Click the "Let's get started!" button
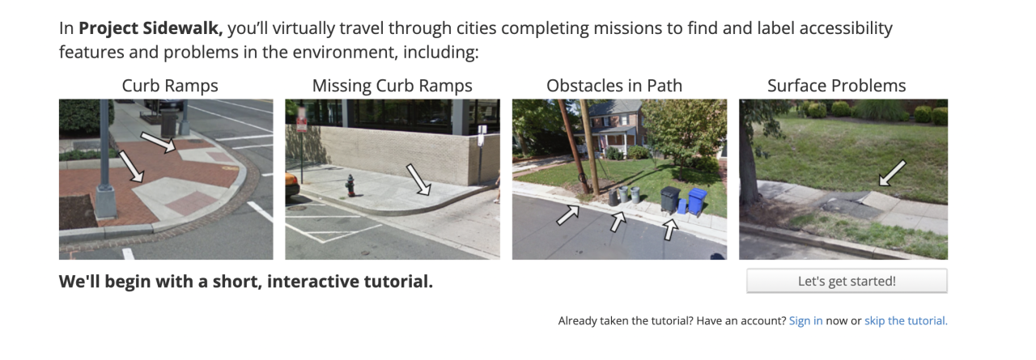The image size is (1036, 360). (847, 281)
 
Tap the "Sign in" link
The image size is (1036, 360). (805, 320)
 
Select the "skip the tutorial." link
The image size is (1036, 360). (906, 320)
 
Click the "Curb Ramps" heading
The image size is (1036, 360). (170, 86)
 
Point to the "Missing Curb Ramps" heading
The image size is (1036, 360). (393, 86)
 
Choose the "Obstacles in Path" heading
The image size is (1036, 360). (614, 86)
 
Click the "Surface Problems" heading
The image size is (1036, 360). (836, 86)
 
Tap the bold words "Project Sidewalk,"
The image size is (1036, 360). (151, 28)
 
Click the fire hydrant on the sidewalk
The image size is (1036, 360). (350, 186)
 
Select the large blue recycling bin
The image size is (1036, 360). (698, 202)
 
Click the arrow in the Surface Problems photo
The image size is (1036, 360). (892, 173)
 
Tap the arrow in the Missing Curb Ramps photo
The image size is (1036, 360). (418, 180)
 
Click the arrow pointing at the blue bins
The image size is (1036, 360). (670, 229)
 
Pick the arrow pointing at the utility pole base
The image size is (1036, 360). (568, 215)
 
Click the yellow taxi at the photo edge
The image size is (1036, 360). (291, 184)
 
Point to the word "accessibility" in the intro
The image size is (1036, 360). (846, 28)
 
